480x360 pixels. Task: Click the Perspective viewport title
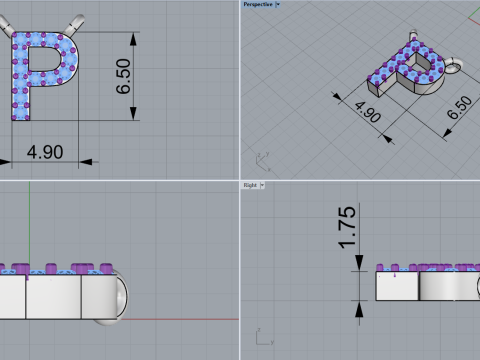(x=257, y=4)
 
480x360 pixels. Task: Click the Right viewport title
(x=249, y=185)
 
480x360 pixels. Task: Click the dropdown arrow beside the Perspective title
(x=277, y=4)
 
